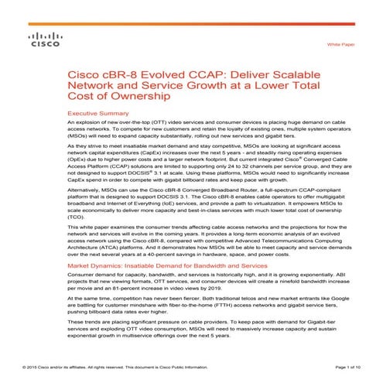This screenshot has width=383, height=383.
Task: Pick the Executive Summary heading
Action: pyautogui.click(x=97, y=113)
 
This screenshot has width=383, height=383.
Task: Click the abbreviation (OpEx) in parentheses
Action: pyautogui.click(x=78, y=164)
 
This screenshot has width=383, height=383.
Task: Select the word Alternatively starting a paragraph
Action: pyautogui.click(x=87, y=189)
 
